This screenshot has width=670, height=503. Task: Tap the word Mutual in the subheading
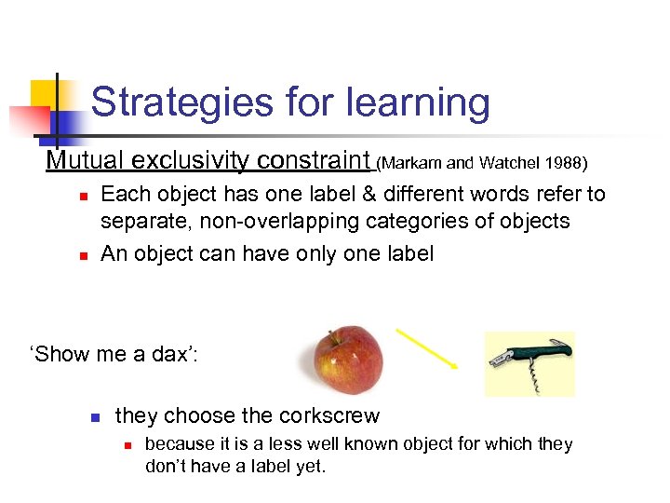(x=87, y=161)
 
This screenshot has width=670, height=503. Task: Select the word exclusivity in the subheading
(x=192, y=161)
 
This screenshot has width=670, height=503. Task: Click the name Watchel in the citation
(x=509, y=163)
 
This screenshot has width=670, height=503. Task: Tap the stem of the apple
(x=332, y=336)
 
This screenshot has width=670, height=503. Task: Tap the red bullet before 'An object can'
(x=83, y=255)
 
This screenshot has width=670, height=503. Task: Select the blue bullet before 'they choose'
(x=95, y=417)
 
